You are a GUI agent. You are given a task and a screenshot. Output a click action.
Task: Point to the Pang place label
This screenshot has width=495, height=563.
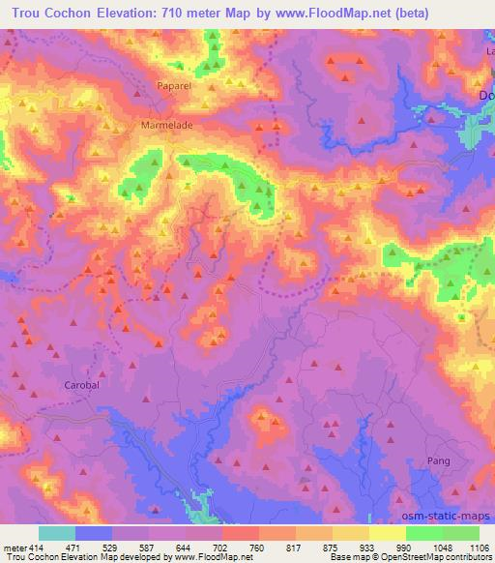439,460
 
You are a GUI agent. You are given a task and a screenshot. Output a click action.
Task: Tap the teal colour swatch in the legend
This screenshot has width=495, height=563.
57,533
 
